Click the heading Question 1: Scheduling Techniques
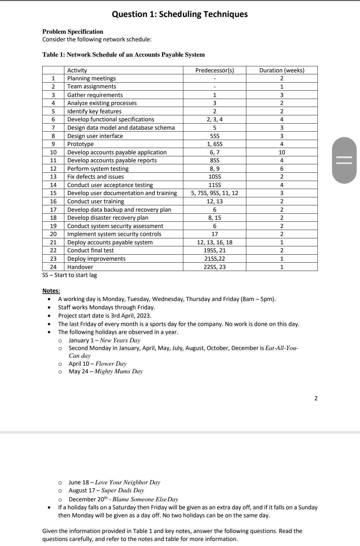(180, 14)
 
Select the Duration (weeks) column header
(282, 70)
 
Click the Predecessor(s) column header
(215, 70)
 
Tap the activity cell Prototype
(80, 144)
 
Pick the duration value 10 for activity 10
(282, 152)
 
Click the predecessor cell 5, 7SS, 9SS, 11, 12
(215, 193)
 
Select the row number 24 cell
(53, 267)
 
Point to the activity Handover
(80, 267)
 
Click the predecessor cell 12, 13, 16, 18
(215, 242)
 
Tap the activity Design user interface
(95, 136)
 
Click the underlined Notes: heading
(51, 291)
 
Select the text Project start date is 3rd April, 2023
(105, 315)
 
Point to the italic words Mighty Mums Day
(118, 371)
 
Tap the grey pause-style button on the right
(344, 160)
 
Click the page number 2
(316, 398)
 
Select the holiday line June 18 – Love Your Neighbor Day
(114, 482)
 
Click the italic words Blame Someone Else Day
(145, 499)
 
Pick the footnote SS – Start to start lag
(70, 275)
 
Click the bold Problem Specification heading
(73, 32)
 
